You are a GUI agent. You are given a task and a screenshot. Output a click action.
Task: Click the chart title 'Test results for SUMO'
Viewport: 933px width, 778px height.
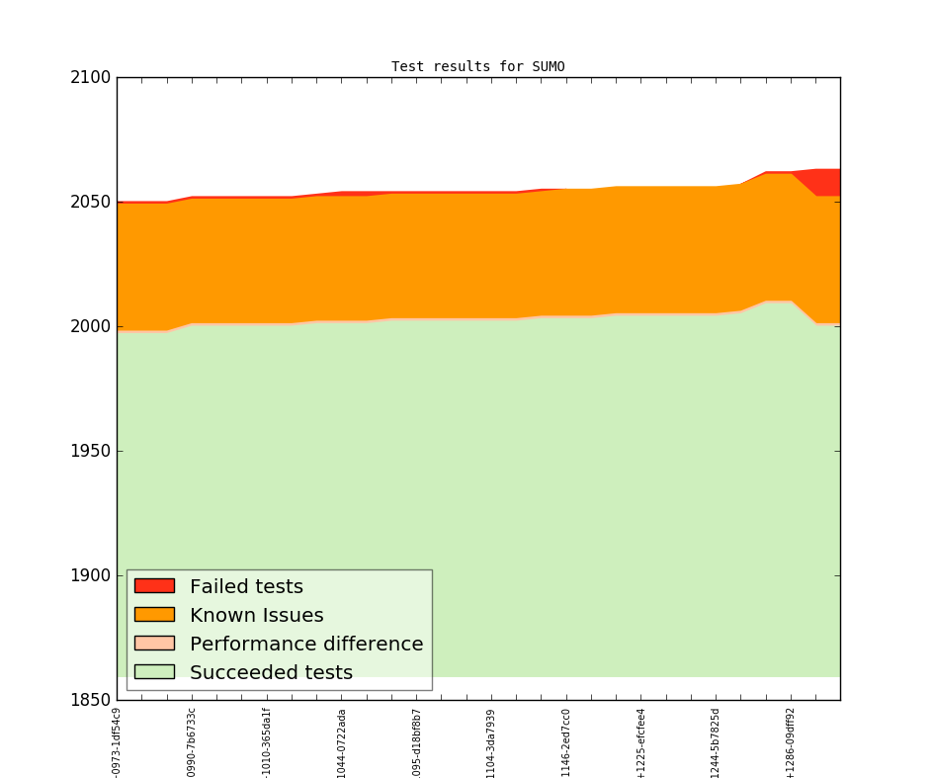click(477, 67)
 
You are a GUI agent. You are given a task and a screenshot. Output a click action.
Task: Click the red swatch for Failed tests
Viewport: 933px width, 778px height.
click(154, 586)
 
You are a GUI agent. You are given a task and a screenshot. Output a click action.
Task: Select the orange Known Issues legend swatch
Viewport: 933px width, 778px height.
click(154, 615)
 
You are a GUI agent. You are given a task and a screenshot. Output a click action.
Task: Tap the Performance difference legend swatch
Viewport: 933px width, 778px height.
click(154, 644)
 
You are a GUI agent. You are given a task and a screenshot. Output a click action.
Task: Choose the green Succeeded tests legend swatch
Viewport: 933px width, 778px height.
click(154, 672)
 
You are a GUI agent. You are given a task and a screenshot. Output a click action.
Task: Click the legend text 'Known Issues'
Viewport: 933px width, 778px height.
click(256, 615)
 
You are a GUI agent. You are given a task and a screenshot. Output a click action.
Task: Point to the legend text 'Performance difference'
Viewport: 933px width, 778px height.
click(306, 644)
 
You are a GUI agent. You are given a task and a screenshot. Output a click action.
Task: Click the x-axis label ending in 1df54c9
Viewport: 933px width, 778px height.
click(117, 742)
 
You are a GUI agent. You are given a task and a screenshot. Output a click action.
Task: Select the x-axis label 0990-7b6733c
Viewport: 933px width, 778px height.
click(192, 742)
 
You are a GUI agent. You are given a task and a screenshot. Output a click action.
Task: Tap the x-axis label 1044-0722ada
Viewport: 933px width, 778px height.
click(342, 742)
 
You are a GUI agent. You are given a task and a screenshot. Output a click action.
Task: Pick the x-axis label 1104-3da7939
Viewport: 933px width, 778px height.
click(491, 742)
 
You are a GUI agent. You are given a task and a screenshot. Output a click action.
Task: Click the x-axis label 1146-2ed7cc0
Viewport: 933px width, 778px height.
click(566, 742)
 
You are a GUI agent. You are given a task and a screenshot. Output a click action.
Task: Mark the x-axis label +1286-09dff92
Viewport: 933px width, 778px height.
click(791, 742)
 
